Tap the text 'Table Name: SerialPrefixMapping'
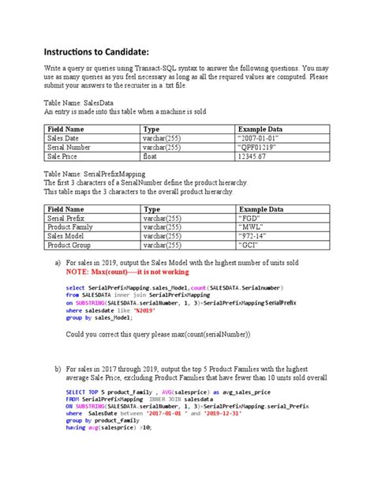(x=95, y=173)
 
